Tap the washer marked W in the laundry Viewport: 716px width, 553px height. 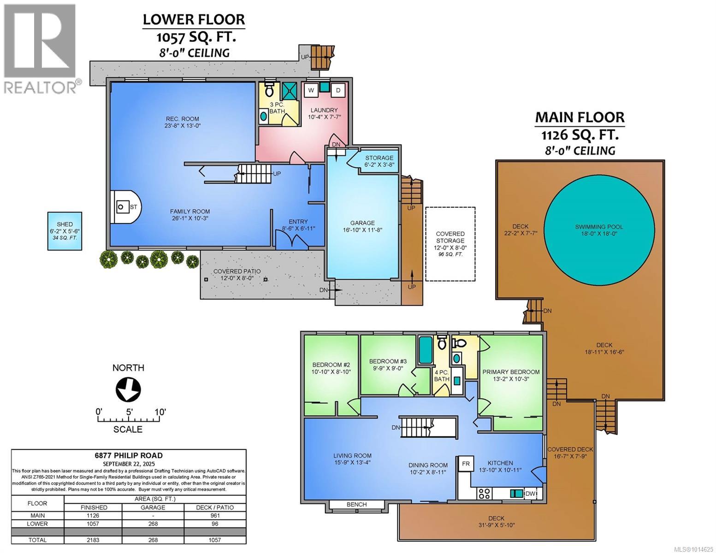(310, 90)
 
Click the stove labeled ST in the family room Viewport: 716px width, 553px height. (123, 206)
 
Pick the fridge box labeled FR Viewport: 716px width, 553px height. (466, 464)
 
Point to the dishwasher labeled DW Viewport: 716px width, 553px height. (531, 494)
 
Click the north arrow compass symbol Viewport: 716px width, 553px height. (128, 389)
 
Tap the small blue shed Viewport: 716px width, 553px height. (65, 231)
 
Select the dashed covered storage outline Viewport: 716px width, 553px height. (450, 244)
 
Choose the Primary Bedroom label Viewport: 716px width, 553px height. (510, 371)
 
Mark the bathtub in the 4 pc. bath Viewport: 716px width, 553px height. (425, 350)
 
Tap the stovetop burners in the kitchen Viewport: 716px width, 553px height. (484, 494)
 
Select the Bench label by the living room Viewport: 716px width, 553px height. (356, 504)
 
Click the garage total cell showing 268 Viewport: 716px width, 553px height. (153, 540)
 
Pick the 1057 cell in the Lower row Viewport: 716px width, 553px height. (94, 524)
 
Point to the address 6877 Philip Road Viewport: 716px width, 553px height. (129, 455)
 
